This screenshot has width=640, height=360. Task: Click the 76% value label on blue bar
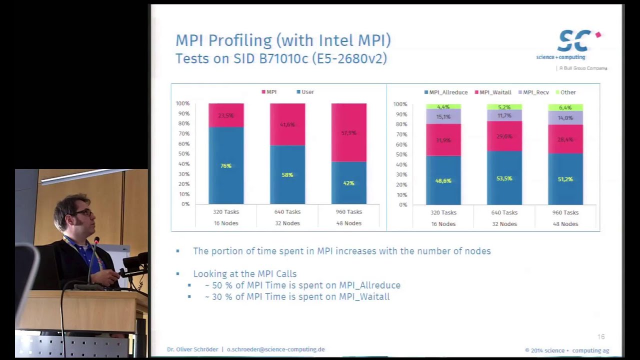(x=226, y=166)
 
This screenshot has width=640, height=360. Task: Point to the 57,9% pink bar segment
(x=348, y=132)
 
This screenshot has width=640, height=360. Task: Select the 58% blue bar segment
(x=287, y=174)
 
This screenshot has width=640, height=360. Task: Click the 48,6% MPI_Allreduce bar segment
(x=443, y=180)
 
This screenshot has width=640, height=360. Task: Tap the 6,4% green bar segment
(x=565, y=107)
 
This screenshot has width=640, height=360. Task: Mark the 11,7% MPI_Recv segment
(x=504, y=115)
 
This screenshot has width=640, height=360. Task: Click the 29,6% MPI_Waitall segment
(x=504, y=136)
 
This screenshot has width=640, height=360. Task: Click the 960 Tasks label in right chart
(x=565, y=212)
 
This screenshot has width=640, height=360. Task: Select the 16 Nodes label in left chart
(x=226, y=223)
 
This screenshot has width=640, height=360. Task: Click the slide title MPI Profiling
(x=283, y=40)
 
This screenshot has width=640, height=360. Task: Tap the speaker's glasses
(x=83, y=213)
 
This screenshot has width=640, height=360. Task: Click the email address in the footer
(x=275, y=349)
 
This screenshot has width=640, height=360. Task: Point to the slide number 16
(x=601, y=337)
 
